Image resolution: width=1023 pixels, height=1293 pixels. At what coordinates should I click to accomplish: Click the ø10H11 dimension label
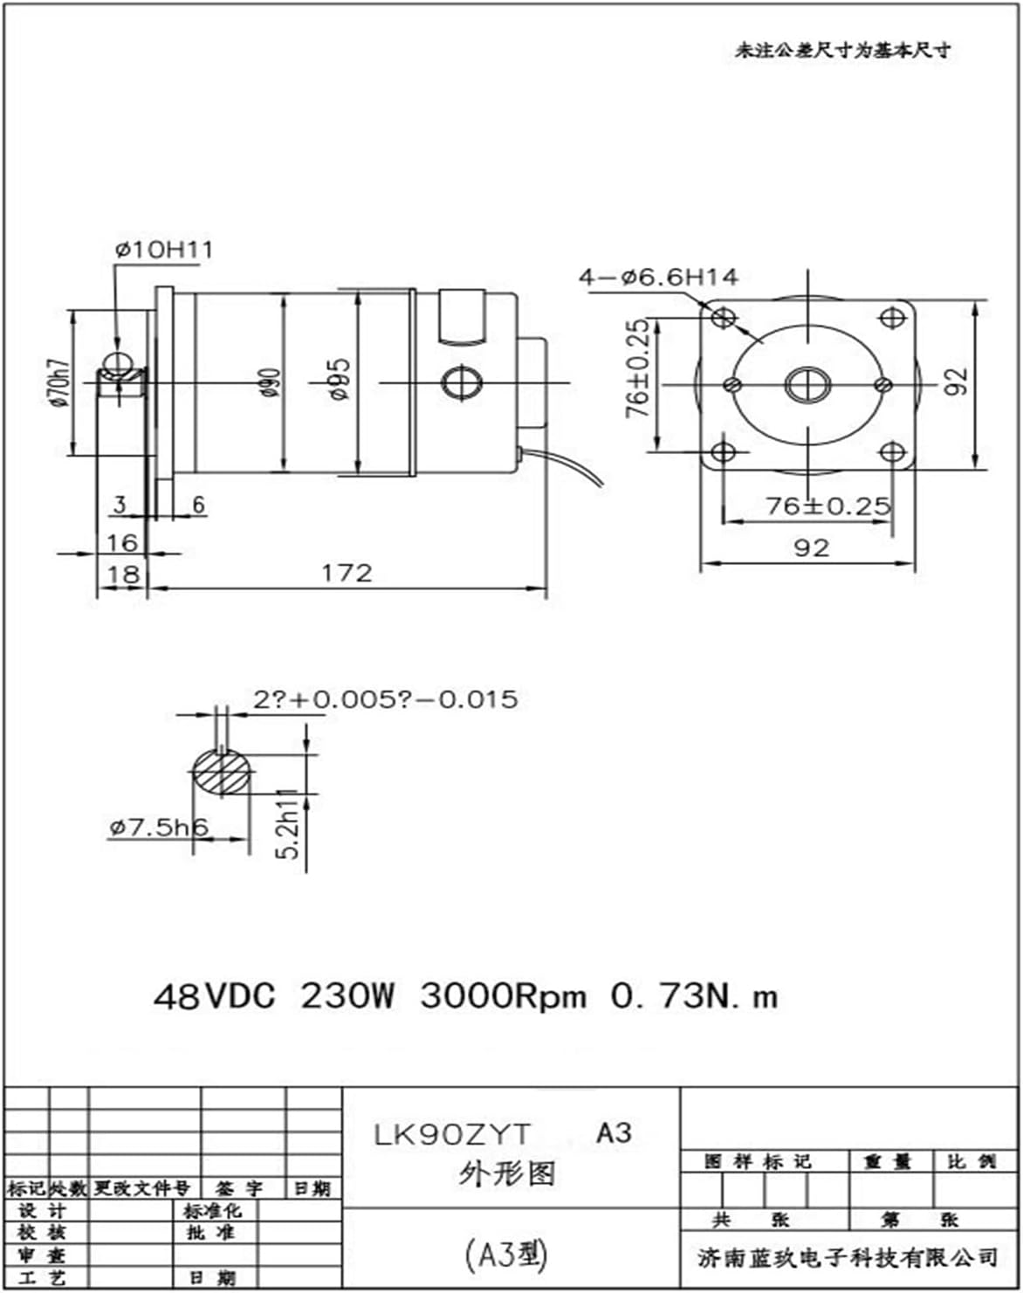click(x=163, y=250)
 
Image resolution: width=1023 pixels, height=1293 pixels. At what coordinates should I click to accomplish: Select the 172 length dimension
click(x=347, y=573)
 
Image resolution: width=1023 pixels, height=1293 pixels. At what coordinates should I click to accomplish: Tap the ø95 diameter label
click(x=340, y=379)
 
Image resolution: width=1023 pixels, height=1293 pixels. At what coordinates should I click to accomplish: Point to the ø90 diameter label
click(x=271, y=382)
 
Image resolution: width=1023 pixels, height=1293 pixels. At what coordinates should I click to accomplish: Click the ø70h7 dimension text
click(x=58, y=382)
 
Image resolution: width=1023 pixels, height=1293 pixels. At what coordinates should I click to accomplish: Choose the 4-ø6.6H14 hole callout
click(x=658, y=278)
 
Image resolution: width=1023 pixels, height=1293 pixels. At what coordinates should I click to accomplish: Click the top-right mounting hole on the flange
click(x=891, y=317)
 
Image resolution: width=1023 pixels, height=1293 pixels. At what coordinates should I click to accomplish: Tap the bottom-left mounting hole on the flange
click(x=724, y=452)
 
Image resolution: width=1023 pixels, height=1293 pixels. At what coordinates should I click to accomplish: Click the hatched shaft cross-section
click(x=223, y=772)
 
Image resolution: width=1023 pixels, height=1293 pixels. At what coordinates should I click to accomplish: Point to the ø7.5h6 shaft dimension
click(x=159, y=827)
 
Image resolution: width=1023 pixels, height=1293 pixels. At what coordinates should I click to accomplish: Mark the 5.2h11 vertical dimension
click(x=290, y=825)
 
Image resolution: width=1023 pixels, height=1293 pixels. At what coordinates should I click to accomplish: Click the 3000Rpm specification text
click(x=503, y=995)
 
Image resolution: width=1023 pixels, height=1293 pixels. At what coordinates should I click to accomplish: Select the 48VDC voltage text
click(x=214, y=995)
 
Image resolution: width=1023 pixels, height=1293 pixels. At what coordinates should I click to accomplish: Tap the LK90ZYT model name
click(x=452, y=1134)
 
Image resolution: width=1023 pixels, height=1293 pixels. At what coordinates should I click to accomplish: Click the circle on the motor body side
click(x=462, y=382)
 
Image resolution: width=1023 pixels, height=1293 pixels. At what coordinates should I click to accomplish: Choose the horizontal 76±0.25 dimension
click(x=827, y=506)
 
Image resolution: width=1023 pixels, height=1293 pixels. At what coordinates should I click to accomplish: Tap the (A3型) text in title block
click(x=506, y=1255)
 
